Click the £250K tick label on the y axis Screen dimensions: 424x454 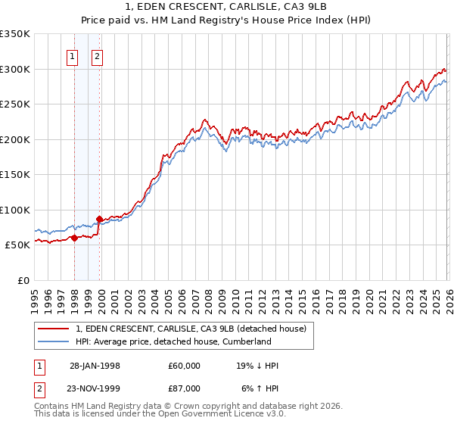(x=15, y=104)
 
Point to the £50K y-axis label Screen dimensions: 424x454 (x=17, y=245)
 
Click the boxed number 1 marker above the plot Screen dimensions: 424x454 (x=73, y=55)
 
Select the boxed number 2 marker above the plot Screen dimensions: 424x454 (x=98, y=55)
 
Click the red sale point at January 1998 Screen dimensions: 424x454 (x=75, y=238)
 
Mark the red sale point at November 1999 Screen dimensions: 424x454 (x=99, y=220)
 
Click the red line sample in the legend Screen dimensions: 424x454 (x=54, y=329)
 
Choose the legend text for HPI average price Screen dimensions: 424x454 (x=173, y=341)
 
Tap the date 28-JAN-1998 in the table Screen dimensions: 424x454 (x=95, y=366)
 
